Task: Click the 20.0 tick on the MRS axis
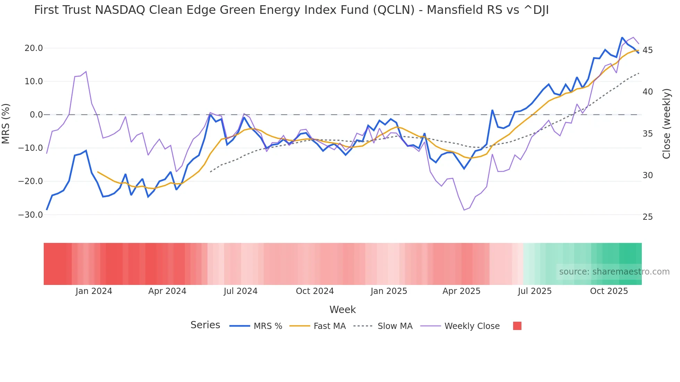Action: coord(33,48)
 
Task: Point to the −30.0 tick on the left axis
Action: coord(31,215)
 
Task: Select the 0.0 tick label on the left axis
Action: coord(36,115)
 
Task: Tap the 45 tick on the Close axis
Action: coord(647,50)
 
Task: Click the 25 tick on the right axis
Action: coord(647,217)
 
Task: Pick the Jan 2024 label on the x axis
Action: coord(94,291)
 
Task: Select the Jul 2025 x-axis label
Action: coord(535,291)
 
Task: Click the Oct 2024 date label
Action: coord(315,291)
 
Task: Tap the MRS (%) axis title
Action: coord(6,123)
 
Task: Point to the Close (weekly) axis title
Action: coord(666,124)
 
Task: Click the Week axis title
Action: coord(342,310)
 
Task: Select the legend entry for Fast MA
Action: coord(329,326)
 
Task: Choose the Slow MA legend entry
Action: coord(395,326)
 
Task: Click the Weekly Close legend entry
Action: coord(472,326)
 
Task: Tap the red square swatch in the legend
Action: coord(517,326)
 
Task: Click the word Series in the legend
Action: coord(205,325)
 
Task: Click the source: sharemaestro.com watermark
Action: coord(614,272)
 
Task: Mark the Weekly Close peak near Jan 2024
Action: coord(86,72)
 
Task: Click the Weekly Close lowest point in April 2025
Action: coord(464,210)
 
